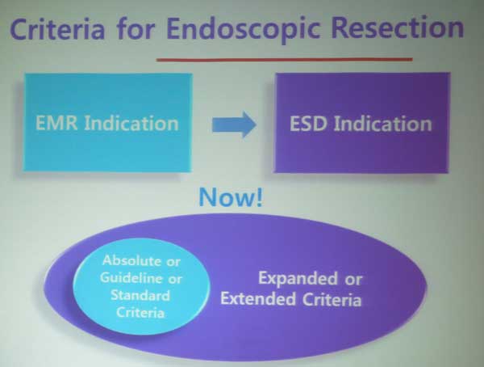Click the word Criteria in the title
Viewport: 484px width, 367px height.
coord(58,28)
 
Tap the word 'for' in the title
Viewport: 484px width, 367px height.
coord(136,27)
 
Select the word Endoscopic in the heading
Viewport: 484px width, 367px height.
coord(244,29)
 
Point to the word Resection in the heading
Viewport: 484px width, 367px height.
coord(397,27)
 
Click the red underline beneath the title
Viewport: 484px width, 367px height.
coord(284,59)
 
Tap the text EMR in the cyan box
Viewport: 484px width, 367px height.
coord(56,123)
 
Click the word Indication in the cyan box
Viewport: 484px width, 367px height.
coord(131,123)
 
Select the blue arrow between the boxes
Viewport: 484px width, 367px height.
coord(234,124)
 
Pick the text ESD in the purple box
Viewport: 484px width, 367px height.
coord(308,124)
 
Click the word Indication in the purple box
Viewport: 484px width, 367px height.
coord(382,124)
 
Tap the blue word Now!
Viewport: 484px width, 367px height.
coord(231,197)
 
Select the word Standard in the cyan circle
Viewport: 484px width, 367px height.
coord(140,295)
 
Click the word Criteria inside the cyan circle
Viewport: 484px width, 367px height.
coord(140,312)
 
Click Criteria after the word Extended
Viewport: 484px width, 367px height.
coord(332,300)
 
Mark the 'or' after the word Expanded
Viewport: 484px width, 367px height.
coord(353,280)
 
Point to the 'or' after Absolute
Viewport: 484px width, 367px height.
coord(173,262)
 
